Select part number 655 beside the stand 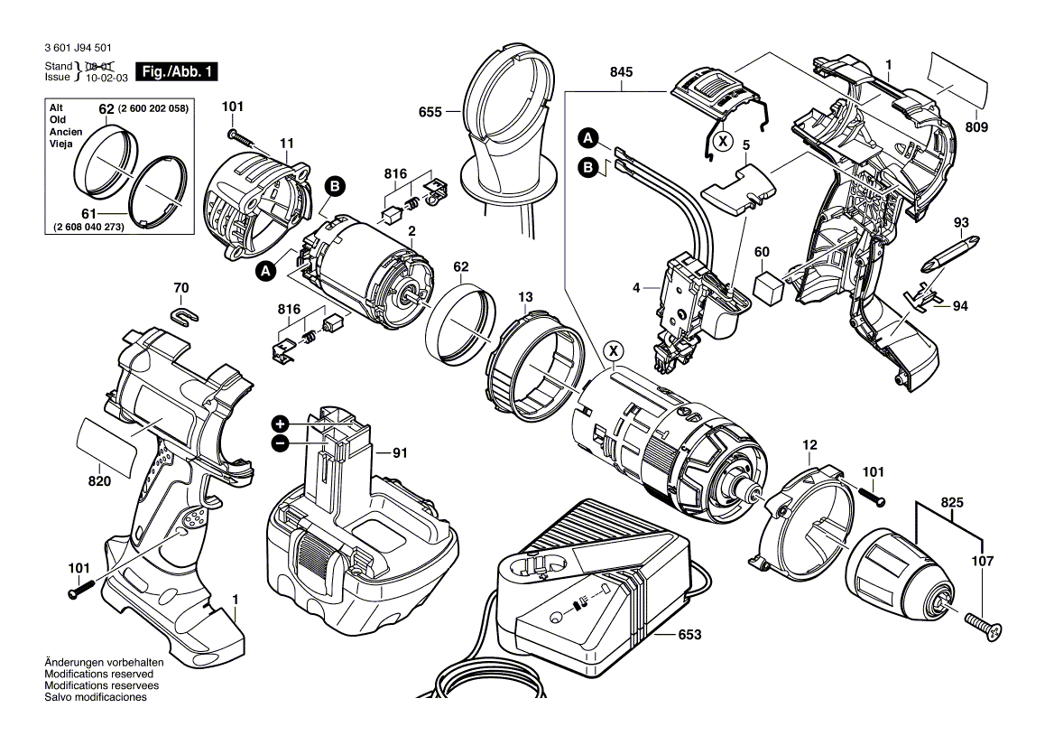pyautogui.click(x=430, y=112)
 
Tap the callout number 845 pyautogui.click(x=621, y=73)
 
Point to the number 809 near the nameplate pyautogui.click(x=975, y=127)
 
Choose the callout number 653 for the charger pyautogui.click(x=689, y=635)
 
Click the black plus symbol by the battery pyautogui.click(x=280, y=424)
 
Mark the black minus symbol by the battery pyautogui.click(x=280, y=443)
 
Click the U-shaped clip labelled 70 pyautogui.click(x=183, y=315)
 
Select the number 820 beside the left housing pyautogui.click(x=99, y=481)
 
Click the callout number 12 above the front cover pyautogui.click(x=809, y=444)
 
